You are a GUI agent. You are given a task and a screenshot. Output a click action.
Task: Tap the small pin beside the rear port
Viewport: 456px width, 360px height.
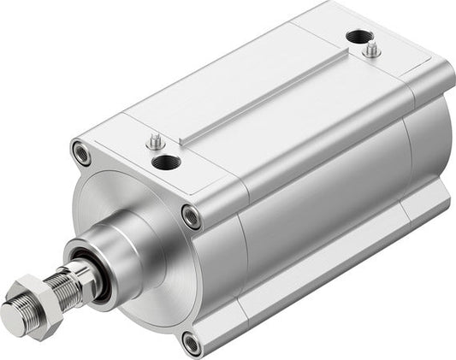[x=372, y=50]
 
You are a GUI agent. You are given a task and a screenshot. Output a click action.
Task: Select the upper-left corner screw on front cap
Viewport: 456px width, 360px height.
[x=81, y=153]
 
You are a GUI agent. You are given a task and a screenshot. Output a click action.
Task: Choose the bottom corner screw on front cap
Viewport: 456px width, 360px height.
[x=192, y=342]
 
